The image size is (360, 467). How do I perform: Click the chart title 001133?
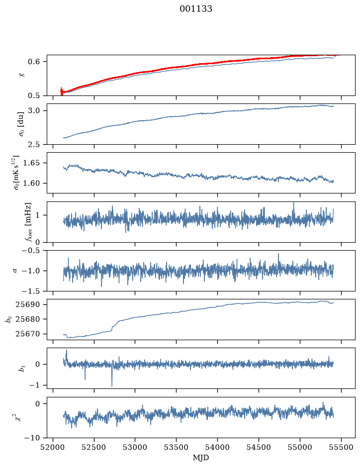point(195,9)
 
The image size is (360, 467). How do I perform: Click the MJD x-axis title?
point(201,458)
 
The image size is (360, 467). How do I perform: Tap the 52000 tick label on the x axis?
point(53,447)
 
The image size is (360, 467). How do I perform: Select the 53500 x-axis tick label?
point(177,447)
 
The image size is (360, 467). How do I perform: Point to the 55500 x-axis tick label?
point(341,447)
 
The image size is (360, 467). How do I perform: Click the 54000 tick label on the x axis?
point(217,447)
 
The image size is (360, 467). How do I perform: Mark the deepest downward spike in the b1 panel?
point(112,386)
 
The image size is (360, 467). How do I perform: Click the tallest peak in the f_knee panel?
point(293,203)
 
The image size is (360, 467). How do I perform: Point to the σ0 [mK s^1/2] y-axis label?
point(17,173)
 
